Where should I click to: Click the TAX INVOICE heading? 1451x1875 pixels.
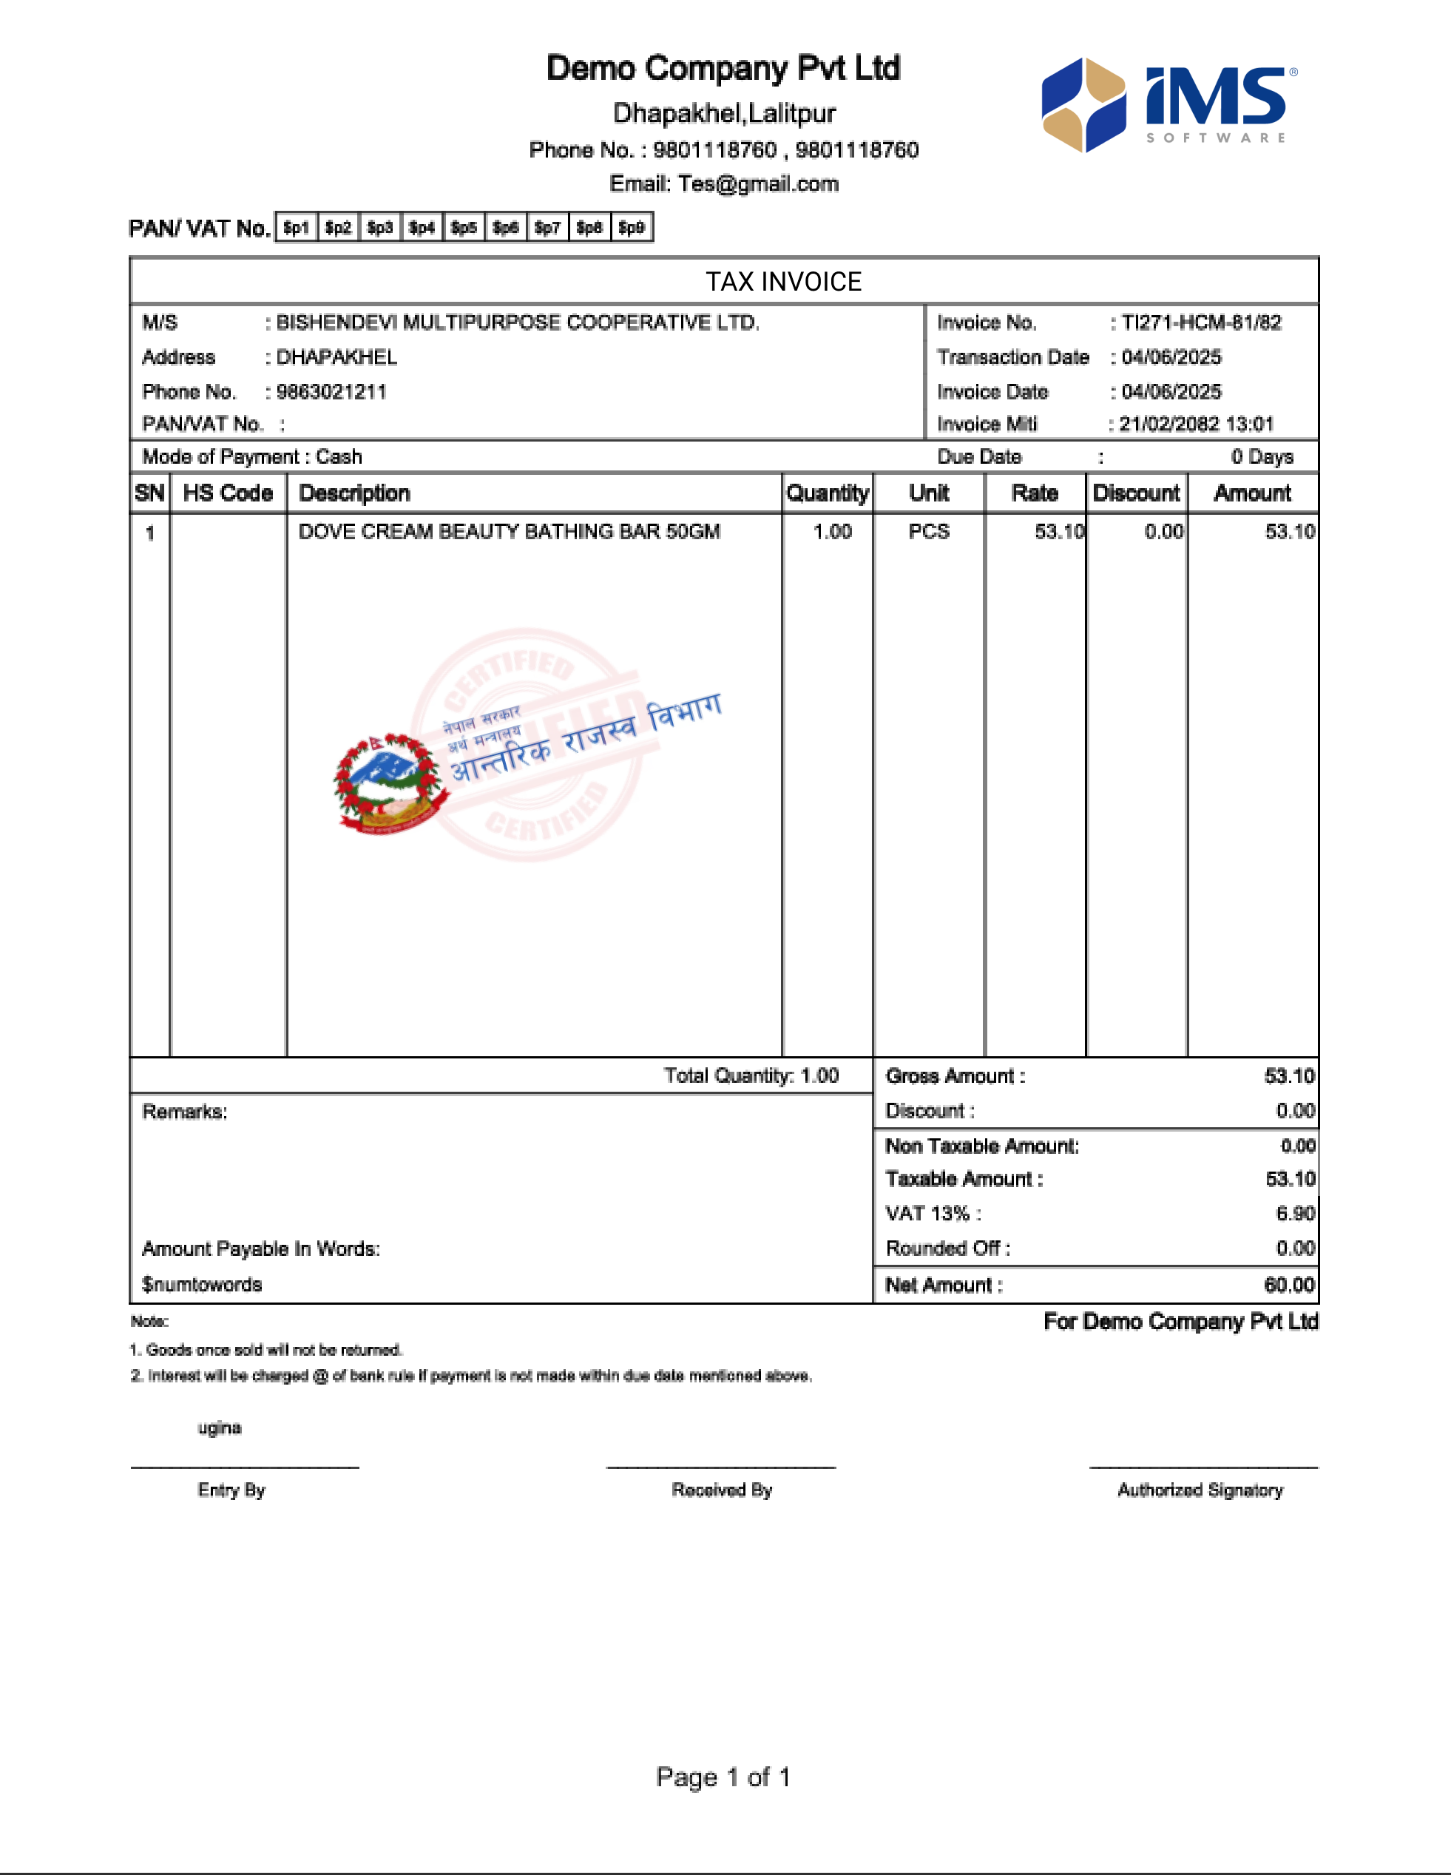[x=783, y=282]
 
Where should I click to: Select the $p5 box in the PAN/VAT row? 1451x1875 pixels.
[x=464, y=228]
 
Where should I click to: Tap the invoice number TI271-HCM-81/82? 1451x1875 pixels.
[x=1201, y=322]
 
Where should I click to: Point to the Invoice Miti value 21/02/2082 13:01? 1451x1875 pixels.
[x=1196, y=424]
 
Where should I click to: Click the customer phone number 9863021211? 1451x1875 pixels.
[x=331, y=392]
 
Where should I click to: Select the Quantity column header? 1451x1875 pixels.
[x=827, y=493]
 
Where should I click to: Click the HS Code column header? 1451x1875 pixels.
[x=228, y=493]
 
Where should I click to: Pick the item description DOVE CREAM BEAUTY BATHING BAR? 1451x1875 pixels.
[x=509, y=531]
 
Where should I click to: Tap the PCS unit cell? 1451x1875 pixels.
[x=929, y=531]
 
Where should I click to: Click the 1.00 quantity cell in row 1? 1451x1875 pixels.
[x=832, y=531]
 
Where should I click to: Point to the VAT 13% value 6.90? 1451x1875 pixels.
[x=1296, y=1213]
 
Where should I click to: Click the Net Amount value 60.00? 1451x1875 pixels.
[x=1290, y=1286]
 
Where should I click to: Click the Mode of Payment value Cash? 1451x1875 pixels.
[x=339, y=457]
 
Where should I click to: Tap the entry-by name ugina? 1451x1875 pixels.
[x=220, y=1428]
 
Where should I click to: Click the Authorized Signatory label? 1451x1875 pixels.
[x=1200, y=1490]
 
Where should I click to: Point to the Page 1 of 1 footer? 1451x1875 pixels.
[x=723, y=1777]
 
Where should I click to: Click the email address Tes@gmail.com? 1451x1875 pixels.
[x=758, y=183]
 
